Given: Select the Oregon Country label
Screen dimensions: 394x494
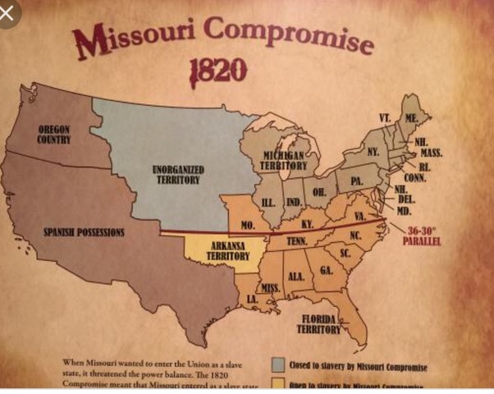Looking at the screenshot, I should click(x=53, y=135).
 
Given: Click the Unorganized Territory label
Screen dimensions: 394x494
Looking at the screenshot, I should click(x=178, y=174).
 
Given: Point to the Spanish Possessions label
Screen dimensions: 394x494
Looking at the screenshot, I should click(x=84, y=232).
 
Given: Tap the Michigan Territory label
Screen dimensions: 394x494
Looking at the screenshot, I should click(x=284, y=160).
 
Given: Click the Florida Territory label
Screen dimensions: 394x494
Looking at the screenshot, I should click(x=319, y=323).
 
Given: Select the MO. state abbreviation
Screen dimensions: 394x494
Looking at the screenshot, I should click(x=248, y=224).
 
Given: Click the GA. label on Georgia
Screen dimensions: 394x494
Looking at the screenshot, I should click(x=326, y=271).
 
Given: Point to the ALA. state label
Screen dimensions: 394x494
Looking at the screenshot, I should click(x=296, y=277).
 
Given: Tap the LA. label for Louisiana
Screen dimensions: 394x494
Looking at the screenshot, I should click(x=252, y=300).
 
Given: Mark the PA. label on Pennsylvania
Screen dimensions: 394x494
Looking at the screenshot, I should click(x=355, y=179).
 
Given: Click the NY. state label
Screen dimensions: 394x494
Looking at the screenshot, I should click(x=373, y=152).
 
